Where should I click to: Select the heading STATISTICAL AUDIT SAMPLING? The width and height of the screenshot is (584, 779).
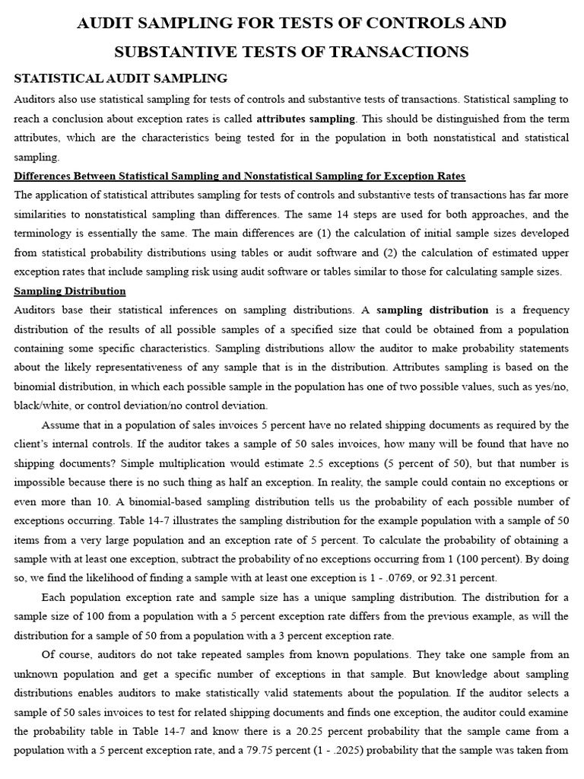point(121,78)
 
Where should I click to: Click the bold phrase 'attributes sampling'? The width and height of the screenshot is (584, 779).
point(306,119)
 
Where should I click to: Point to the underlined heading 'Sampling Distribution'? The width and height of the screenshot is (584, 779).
point(70,291)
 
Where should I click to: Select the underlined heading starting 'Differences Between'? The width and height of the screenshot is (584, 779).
point(240,176)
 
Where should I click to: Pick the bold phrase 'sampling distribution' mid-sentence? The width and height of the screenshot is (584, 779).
point(433,310)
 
